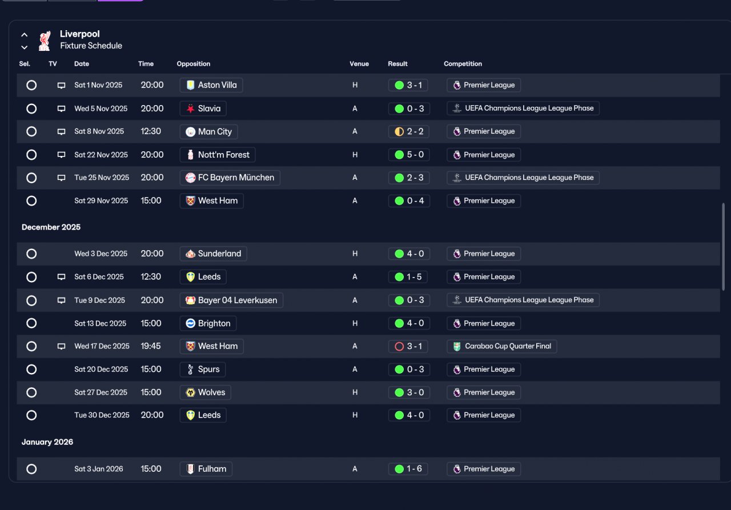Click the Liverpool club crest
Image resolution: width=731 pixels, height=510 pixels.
45,41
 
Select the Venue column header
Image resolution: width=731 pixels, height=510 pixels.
359,63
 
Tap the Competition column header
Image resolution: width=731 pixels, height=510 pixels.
463,63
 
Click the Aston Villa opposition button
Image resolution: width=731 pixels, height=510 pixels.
211,85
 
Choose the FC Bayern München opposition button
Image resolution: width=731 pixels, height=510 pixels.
230,178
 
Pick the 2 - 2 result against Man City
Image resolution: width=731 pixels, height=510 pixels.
408,131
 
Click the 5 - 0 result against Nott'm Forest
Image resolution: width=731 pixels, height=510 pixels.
409,155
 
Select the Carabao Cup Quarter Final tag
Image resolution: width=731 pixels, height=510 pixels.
501,346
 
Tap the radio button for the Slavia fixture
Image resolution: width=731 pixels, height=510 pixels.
31,109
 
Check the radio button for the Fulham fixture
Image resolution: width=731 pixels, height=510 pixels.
31,469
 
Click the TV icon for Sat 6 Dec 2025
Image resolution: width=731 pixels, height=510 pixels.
61,277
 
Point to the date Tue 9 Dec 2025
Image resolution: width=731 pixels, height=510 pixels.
99,300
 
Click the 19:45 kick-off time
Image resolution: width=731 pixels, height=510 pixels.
150,346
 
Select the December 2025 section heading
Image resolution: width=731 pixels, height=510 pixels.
51,227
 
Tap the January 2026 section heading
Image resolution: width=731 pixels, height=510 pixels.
47,442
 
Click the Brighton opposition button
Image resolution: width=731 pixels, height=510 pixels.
208,323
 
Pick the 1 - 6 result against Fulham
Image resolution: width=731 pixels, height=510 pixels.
408,469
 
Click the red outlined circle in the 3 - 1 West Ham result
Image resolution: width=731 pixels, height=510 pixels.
399,346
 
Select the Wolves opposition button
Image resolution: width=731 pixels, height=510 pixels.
205,392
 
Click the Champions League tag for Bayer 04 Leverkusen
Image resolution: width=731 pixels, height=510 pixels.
523,300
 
